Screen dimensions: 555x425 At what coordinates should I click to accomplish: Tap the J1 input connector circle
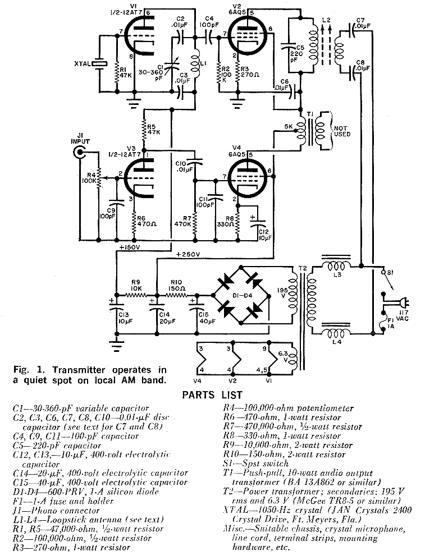click(81, 152)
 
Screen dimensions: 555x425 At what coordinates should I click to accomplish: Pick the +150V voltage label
click(130, 247)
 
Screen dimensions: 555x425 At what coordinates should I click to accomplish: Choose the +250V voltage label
click(188, 254)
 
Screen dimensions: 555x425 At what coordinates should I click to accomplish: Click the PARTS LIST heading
click(213, 395)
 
